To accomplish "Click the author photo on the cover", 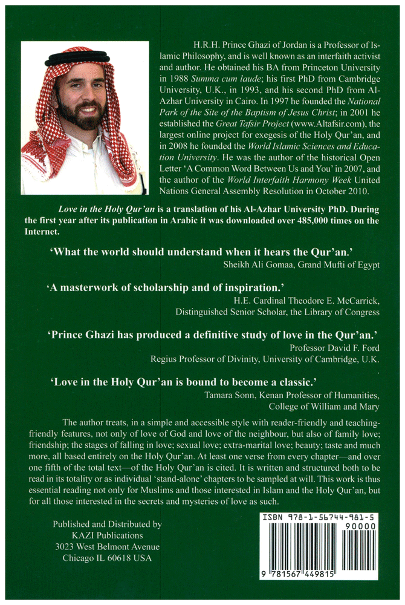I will coord(84,118).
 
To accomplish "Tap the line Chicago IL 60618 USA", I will coord(107,559).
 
